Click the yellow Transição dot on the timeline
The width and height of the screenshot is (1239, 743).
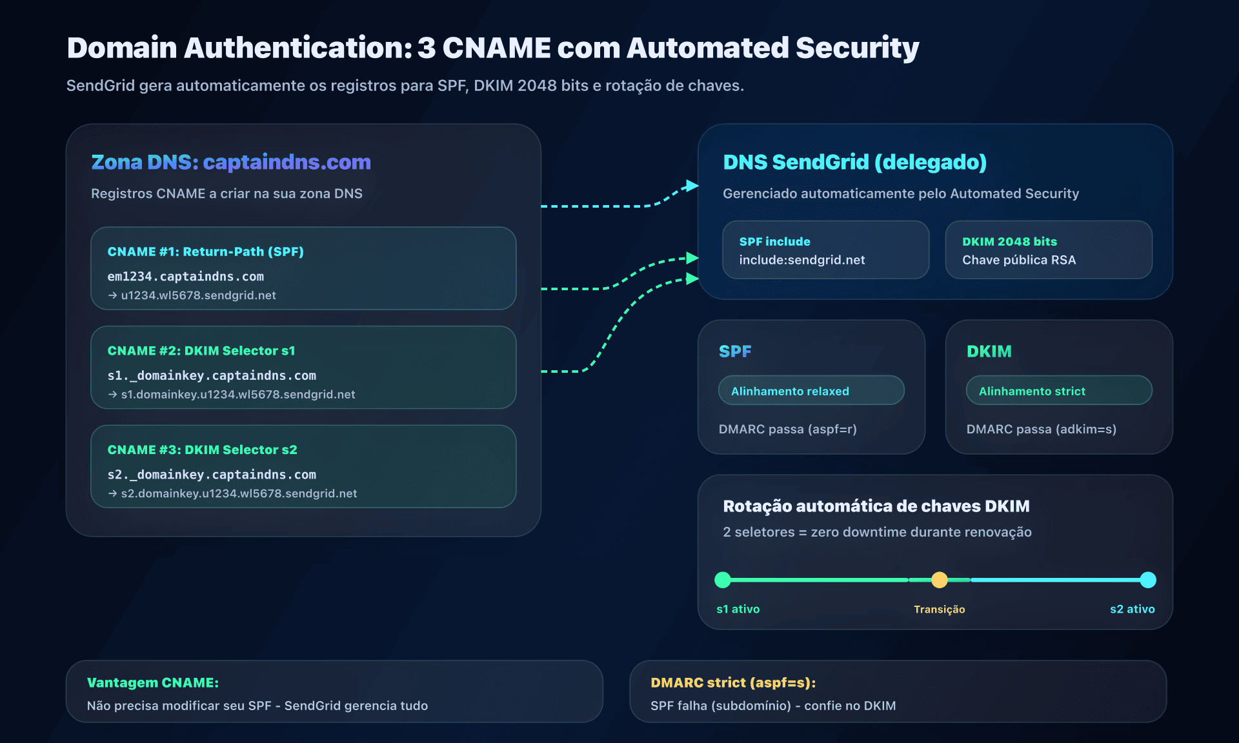939,580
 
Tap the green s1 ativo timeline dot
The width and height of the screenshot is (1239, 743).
723,580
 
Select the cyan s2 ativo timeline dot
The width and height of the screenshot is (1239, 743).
1147,580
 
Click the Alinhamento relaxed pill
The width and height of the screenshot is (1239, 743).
811,391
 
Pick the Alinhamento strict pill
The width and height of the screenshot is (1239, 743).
1058,391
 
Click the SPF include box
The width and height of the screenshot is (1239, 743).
825,250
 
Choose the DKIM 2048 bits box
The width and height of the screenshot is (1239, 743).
1048,250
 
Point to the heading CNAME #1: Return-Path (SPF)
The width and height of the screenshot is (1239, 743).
205,252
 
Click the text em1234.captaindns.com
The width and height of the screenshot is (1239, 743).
185,276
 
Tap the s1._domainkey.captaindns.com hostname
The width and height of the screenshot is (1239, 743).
212,375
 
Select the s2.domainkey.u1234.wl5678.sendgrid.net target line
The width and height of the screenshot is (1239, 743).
239,493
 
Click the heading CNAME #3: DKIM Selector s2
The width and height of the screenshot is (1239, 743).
202,450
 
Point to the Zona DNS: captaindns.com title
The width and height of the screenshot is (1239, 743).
231,162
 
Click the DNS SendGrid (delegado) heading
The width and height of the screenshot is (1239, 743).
854,162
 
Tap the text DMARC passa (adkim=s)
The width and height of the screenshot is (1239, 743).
1041,429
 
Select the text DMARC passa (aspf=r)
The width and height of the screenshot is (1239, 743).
787,429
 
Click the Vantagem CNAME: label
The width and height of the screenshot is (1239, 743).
153,682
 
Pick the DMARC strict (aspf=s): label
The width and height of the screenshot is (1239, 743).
733,682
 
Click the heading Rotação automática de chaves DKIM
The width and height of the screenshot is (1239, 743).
876,506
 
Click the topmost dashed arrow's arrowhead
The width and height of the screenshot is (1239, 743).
692,186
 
